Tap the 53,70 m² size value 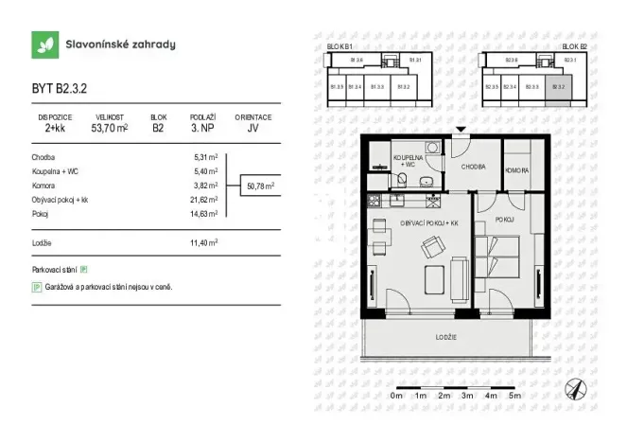[x=110, y=128]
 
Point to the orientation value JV [x=253, y=128]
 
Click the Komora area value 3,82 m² [x=206, y=186]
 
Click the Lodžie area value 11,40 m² [x=205, y=242]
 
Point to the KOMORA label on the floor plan [x=518, y=170]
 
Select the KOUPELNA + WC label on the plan [x=409, y=162]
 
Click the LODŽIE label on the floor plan [x=447, y=338]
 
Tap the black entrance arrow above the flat [x=460, y=130]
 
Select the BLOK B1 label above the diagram [x=339, y=45]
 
